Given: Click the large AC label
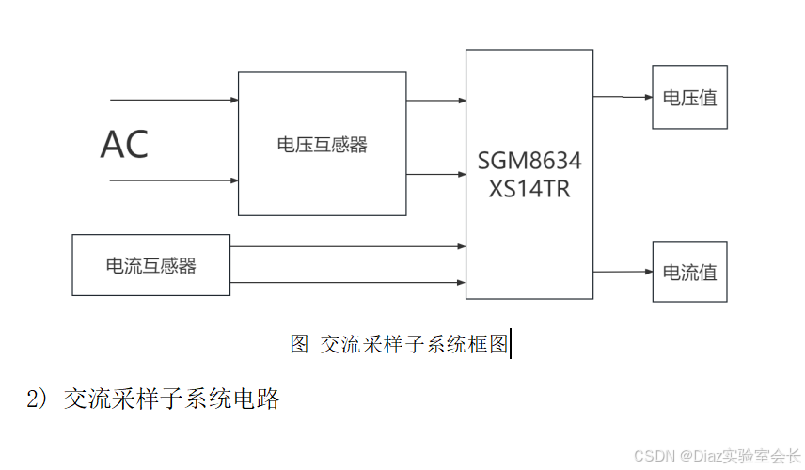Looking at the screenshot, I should pos(124,145).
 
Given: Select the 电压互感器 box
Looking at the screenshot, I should pos(322,145).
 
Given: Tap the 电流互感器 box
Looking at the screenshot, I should pos(151,265).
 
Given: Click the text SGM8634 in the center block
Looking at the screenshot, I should pos(529,162).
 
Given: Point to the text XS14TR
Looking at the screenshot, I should pos(529,188).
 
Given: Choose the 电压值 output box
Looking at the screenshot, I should pos(689,97).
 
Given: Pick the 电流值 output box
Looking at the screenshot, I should pos(689,272).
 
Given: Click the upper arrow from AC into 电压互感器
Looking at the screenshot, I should pos(174,99).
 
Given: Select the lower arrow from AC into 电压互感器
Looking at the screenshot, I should pos(174,180).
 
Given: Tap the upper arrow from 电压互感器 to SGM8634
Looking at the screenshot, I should pos(436,100).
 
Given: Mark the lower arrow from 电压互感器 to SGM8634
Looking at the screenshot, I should pos(436,175).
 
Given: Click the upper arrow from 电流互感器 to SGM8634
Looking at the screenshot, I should pos(348,247).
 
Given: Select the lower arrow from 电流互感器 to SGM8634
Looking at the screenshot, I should pos(348,282).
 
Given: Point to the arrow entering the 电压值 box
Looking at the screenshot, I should pos(623,97).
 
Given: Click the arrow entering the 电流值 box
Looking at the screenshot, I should pos(623,272).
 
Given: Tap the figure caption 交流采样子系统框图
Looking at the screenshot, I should pos(414,344).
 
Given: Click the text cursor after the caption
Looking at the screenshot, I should pos(510,344).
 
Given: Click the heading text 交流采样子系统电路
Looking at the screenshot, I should pos(172,399).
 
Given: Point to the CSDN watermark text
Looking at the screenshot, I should pos(717,456).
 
